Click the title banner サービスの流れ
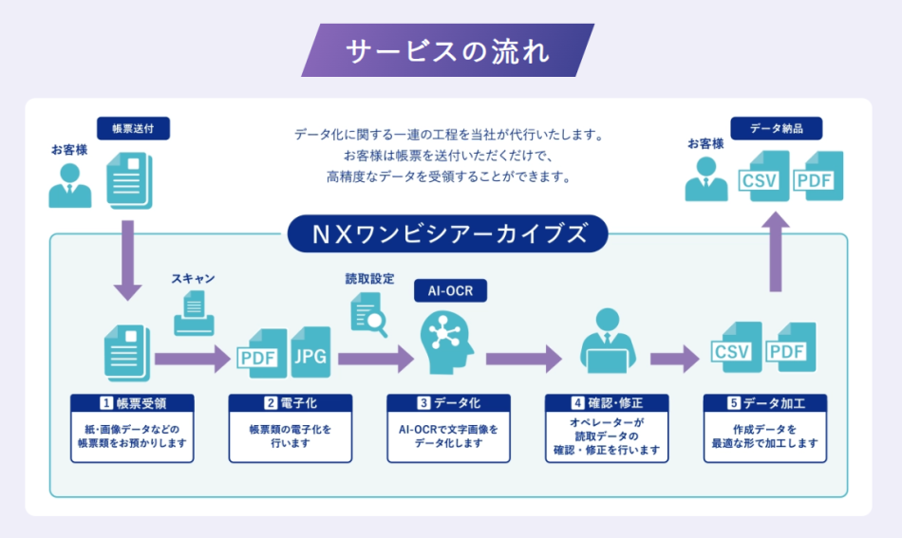tap(447, 50)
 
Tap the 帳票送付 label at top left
tap(133, 128)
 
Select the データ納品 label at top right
tap(776, 128)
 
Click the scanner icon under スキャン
tap(194, 312)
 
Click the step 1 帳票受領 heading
tap(133, 402)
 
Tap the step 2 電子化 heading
tap(291, 402)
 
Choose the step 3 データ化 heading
tap(449, 402)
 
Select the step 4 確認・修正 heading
tap(608, 402)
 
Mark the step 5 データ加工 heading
tap(765, 402)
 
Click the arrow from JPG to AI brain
tap(376, 359)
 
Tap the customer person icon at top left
tap(70, 186)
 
